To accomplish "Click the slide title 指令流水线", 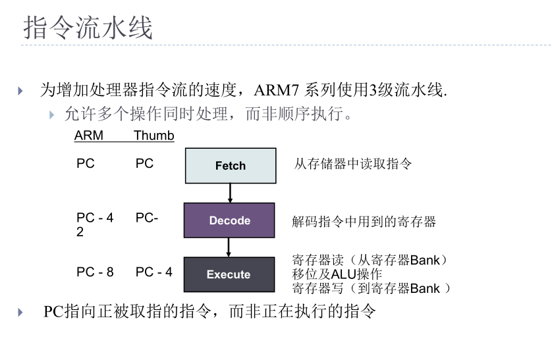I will click(88, 28).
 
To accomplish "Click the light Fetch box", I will click(230, 166).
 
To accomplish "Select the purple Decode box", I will click(229, 220).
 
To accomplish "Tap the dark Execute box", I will click(229, 274).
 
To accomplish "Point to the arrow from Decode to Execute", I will click(229, 247).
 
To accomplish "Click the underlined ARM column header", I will click(89, 136).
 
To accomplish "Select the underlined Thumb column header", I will click(154, 136).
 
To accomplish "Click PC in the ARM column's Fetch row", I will click(86, 164).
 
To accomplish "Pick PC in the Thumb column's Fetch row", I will click(144, 164).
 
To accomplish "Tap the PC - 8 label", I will click(95, 272).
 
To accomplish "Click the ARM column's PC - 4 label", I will click(95, 218).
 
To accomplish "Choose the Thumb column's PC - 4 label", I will click(154, 272).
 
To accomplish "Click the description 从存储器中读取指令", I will click(353, 164).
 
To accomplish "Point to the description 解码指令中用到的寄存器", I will click(364, 222).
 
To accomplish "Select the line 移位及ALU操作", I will click(337, 274).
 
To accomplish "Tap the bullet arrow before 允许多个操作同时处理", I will click(51, 115).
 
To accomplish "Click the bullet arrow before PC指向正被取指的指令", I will click(21, 312).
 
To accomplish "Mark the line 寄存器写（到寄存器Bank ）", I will click(372, 288).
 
